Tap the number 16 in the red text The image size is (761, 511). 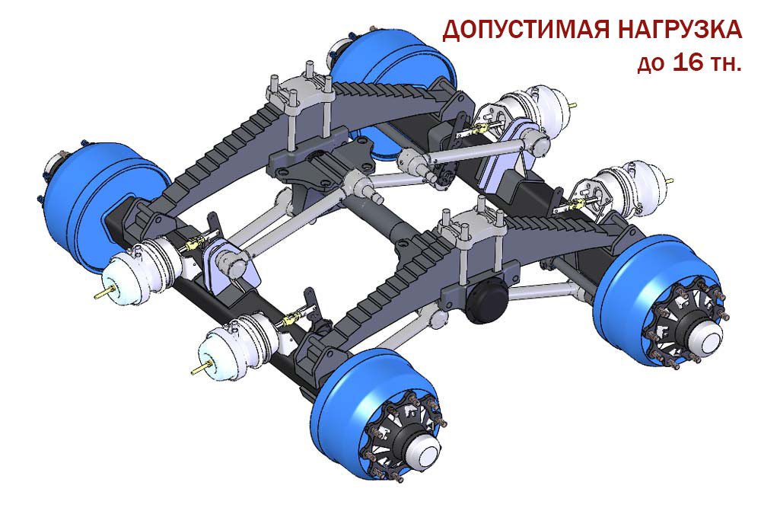coord(689,63)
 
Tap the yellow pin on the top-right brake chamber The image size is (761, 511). coord(574,105)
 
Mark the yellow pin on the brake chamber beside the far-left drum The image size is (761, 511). coord(105,293)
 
